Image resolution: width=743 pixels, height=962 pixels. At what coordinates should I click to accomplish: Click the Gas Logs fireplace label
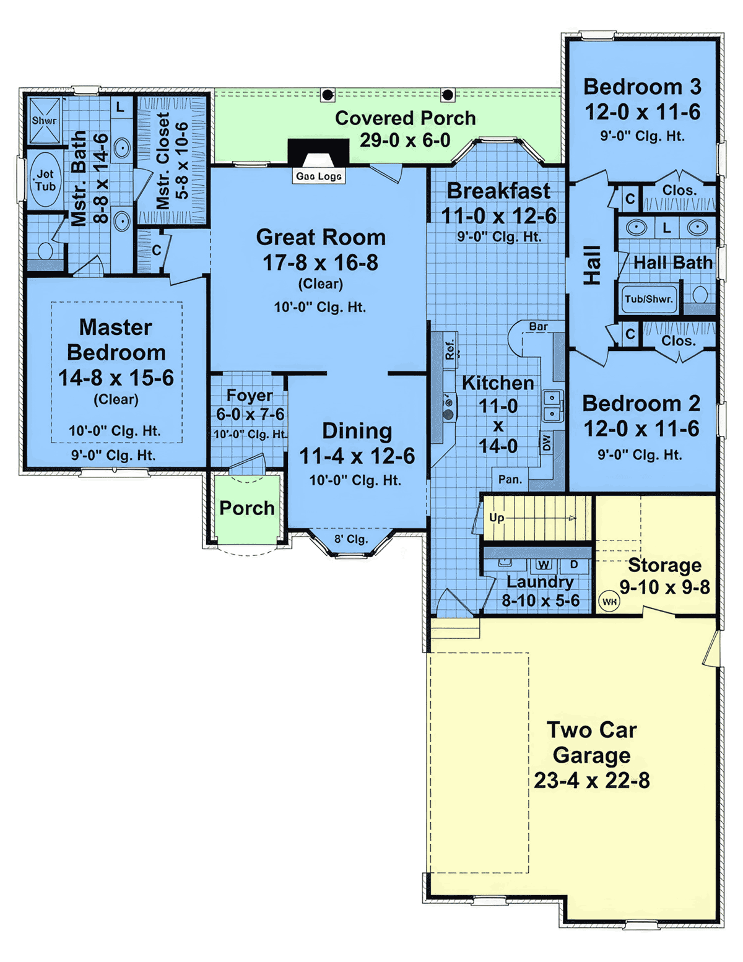(x=319, y=176)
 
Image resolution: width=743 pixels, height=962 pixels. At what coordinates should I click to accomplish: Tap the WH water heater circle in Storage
(x=609, y=601)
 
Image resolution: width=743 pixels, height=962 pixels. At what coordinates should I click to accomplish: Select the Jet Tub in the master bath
(x=46, y=180)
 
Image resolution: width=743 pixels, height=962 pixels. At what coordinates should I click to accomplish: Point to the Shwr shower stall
(x=45, y=121)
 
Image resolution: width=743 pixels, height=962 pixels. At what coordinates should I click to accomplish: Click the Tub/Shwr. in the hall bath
(x=649, y=299)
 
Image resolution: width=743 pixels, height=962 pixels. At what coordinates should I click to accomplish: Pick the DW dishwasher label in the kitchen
(x=546, y=442)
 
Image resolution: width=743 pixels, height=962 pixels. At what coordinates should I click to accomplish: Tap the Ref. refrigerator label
(x=450, y=349)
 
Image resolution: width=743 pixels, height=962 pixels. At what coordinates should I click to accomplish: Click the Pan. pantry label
(x=510, y=479)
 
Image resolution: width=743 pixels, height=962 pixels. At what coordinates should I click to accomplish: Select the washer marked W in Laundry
(x=544, y=565)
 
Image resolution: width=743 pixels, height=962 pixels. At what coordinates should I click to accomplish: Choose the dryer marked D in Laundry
(x=575, y=565)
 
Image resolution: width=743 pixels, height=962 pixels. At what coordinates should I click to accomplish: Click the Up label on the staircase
(x=497, y=518)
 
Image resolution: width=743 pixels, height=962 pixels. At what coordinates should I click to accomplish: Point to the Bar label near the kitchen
(x=539, y=326)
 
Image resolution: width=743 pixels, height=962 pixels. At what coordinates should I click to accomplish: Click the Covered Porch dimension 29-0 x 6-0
(x=405, y=141)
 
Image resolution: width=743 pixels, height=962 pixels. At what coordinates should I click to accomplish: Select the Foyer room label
(x=250, y=396)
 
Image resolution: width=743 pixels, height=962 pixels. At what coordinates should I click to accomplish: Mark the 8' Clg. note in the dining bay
(x=351, y=539)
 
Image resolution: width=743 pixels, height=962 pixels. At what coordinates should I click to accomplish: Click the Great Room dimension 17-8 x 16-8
(x=321, y=262)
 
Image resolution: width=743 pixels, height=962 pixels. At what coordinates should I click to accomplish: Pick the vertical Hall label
(x=591, y=265)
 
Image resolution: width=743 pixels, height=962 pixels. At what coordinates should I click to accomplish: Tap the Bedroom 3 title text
(x=643, y=87)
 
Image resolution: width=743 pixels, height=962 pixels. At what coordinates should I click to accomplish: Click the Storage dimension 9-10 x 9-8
(x=664, y=587)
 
